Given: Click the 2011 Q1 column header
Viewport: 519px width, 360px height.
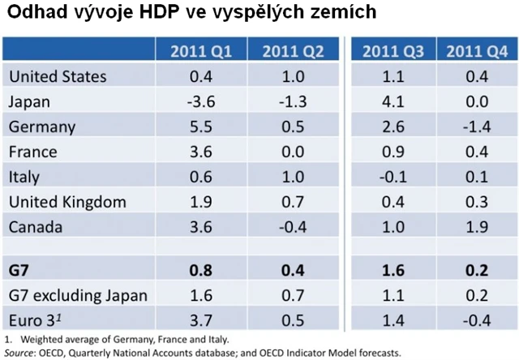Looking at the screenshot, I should pyautogui.click(x=201, y=52).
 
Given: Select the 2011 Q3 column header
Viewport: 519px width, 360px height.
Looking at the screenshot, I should pyautogui.click(x=392, y=52).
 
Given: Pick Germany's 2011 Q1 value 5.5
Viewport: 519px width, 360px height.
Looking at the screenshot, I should pyautogui.click(x=201, y=126).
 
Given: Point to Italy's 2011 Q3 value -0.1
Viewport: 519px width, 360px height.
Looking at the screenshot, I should pyautogui.click(x=392, y=177).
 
